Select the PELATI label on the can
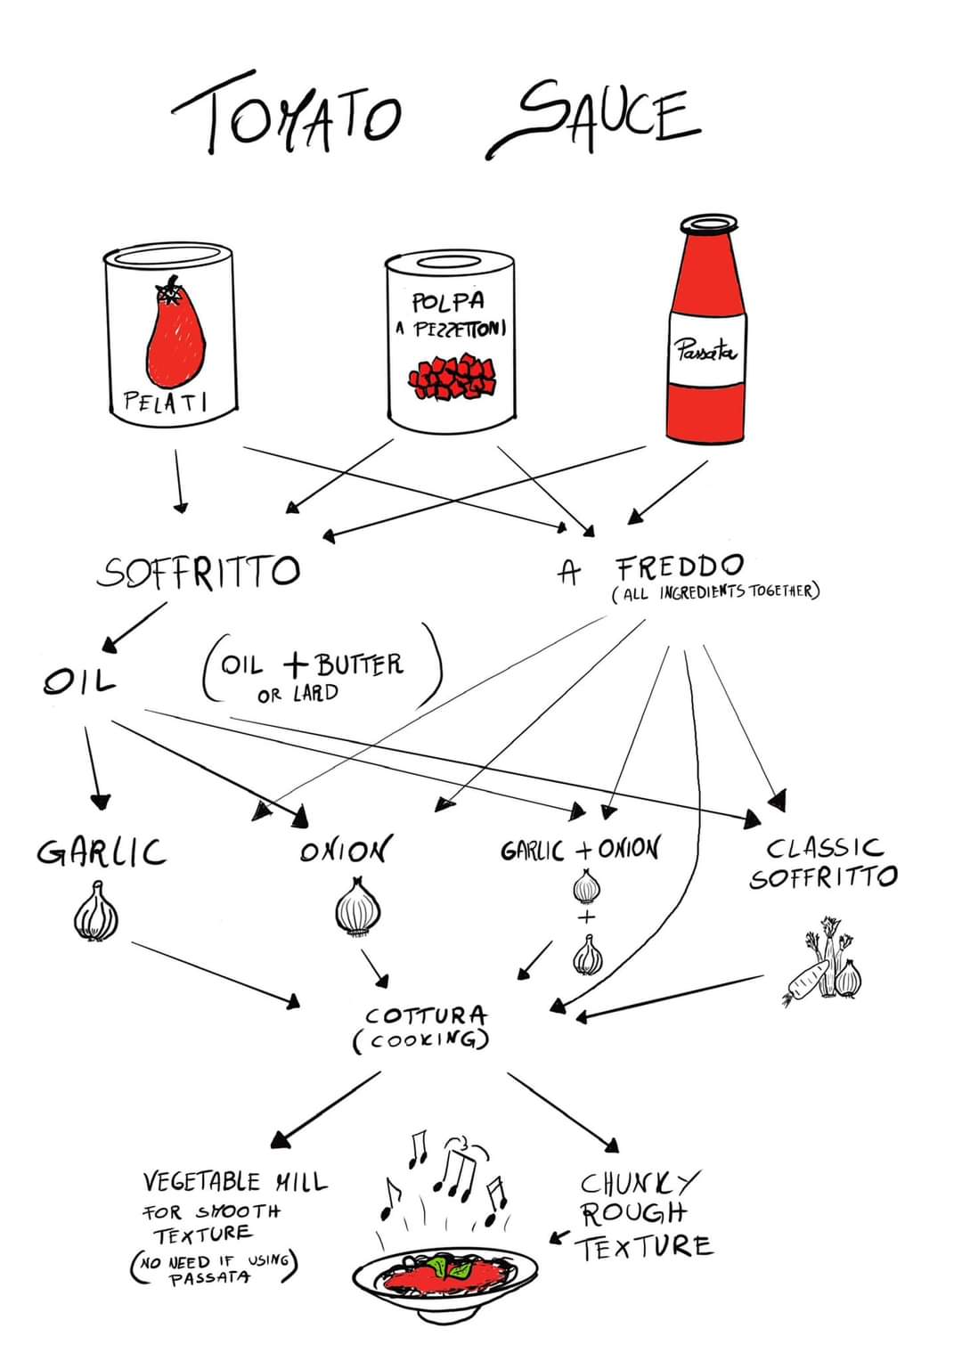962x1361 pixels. point(166,402)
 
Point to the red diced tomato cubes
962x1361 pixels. point(452,378)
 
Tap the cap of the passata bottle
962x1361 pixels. point(709,224)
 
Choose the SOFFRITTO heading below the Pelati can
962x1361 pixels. point(199,571)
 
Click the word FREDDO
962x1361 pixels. point(680,566)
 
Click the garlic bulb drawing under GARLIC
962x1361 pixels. point(96,912)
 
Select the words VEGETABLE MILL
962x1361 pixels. point(235,1182)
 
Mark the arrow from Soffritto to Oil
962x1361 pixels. point(135,627)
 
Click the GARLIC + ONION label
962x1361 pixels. point(579,850)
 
